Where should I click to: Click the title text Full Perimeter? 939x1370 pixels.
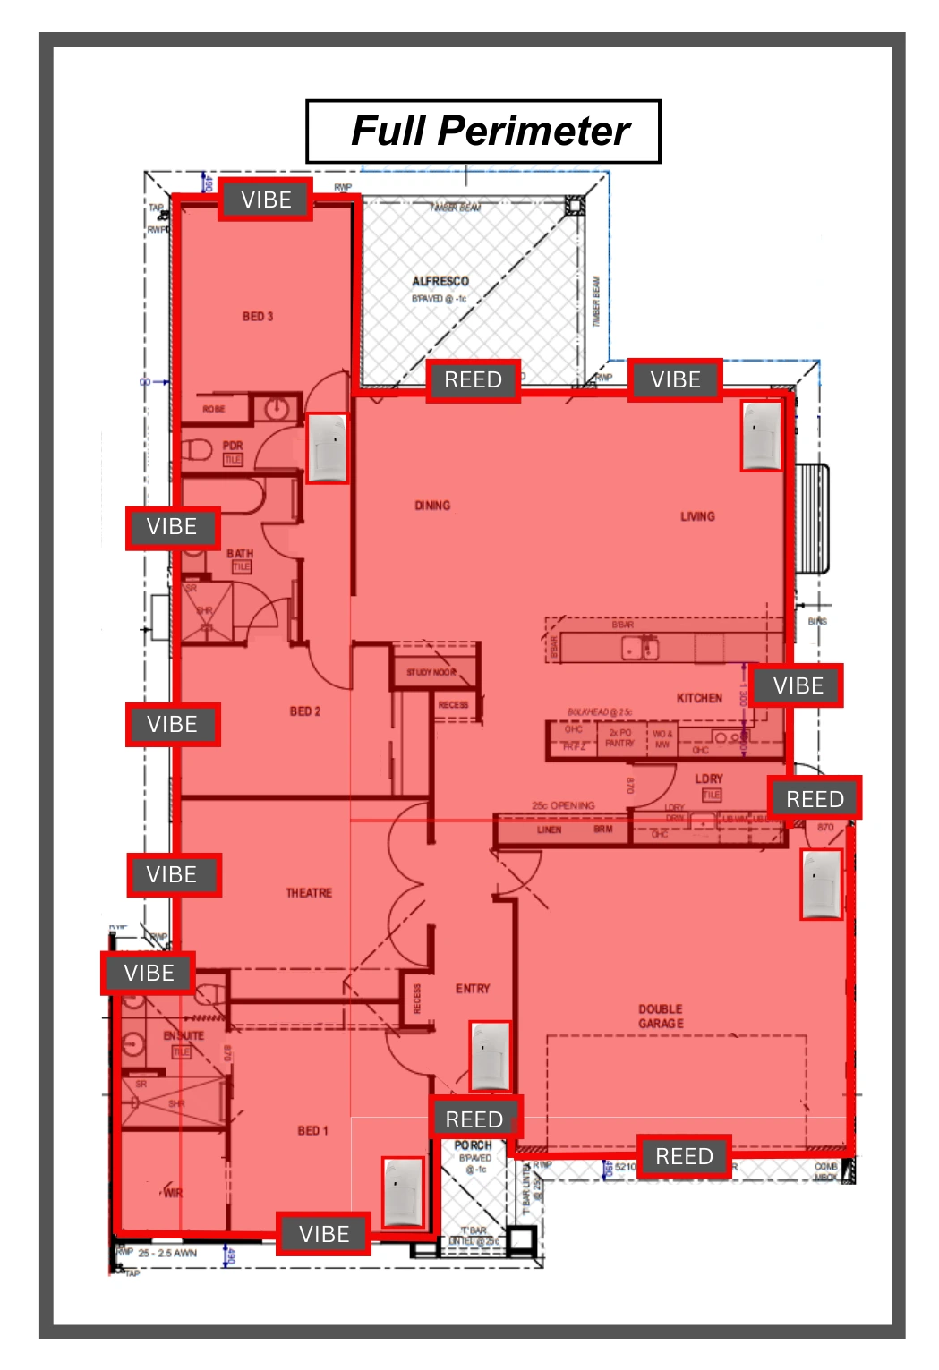point(490,131)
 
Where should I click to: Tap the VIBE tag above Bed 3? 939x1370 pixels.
point(266,200)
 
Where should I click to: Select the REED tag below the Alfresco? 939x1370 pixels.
point(473,380)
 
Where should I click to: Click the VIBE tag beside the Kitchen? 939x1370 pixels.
point(797,685)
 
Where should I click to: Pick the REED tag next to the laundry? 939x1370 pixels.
point(815,798)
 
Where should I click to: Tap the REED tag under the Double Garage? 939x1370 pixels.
point(684,1156)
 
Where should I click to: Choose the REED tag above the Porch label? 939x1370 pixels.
point(474,1119)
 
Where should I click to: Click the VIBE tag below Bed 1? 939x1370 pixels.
point(323,1234)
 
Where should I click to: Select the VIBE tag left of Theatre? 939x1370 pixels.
point(172,874)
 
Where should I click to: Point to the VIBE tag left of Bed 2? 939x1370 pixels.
point(172,724)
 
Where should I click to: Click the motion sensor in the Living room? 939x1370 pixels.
point(761,436)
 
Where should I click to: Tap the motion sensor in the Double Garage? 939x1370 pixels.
point(821,884)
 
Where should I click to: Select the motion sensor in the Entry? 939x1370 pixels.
point(491,1055)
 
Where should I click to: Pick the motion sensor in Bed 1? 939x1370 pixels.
point(403,1192)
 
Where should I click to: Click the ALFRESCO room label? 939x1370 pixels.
point(440,281)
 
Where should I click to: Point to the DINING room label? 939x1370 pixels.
point(432,506)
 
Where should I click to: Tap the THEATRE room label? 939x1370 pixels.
point(309,893)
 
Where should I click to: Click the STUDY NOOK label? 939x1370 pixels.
point(431,672)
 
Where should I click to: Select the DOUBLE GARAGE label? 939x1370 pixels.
point(661,1016)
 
